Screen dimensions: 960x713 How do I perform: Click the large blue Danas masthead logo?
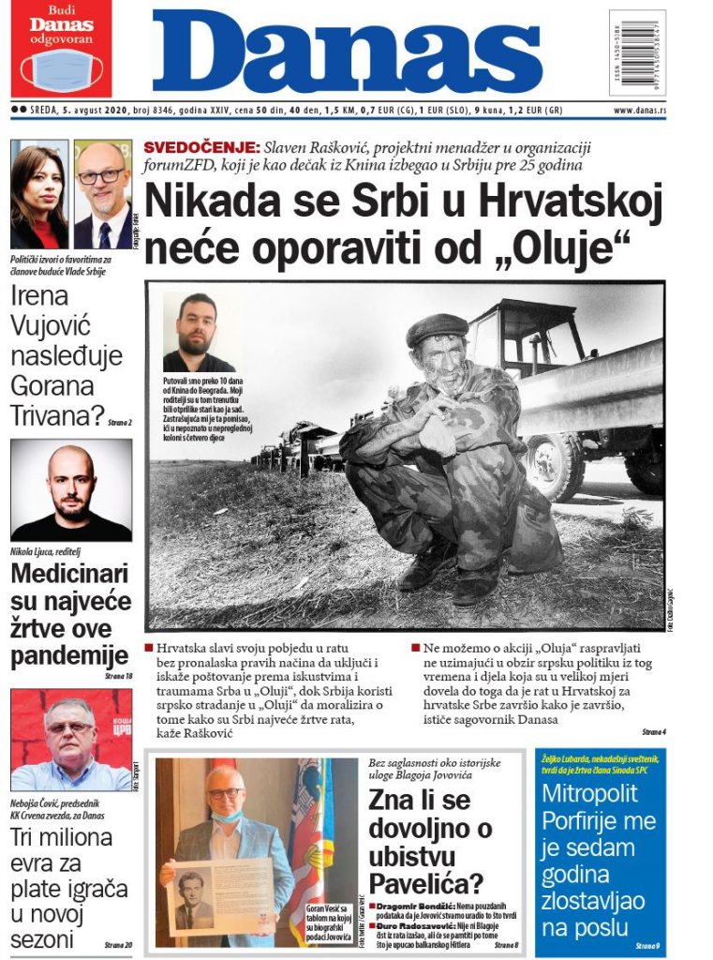pyautogui.click(x=347, y=52)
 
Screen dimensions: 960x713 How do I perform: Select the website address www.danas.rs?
pyautogui.click(x=639, y=111)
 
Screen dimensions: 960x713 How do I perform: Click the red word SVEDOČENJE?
pyautogui.click(x=201, y=147)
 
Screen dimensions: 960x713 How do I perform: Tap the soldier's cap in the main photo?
pyautogui.click(x=437, y=328)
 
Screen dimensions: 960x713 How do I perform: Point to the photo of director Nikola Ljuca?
pyautogui.click(x=71, y=489)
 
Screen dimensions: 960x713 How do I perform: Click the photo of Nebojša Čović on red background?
pyautogui.click(x=71, y=740)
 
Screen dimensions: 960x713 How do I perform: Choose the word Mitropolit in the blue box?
pyautogui.click(x=589, y=793)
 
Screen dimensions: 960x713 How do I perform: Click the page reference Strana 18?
pyautogui.click(x=117, y=675)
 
